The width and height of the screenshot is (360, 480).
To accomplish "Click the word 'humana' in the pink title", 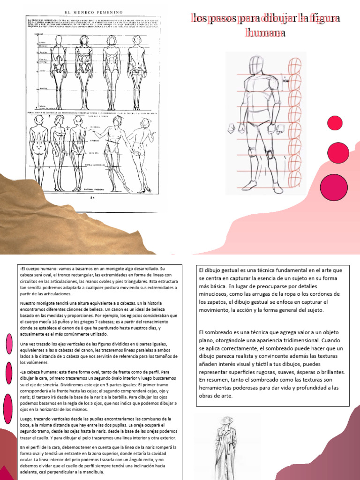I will [x=265, y=33].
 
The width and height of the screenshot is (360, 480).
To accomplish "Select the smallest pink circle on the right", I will [x=335, y=123].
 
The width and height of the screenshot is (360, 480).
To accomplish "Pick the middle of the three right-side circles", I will [x=335, y=153].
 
